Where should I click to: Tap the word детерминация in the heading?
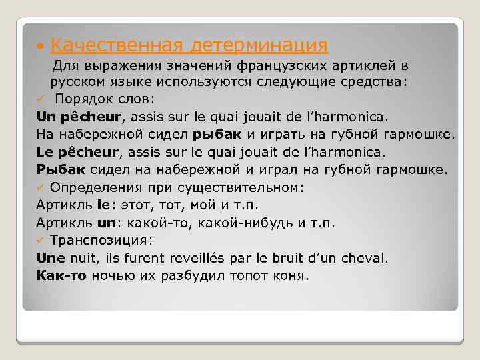[259, 45]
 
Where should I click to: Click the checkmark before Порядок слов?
[41, 99]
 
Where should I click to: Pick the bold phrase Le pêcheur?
[79, 152]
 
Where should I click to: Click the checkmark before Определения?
[41, 187]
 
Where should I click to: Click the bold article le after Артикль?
[103, 205]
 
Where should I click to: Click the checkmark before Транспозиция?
[41, 240]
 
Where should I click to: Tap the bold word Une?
[50, 257]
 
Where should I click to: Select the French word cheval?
[366, 257]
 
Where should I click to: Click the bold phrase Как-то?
[62, 275]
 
